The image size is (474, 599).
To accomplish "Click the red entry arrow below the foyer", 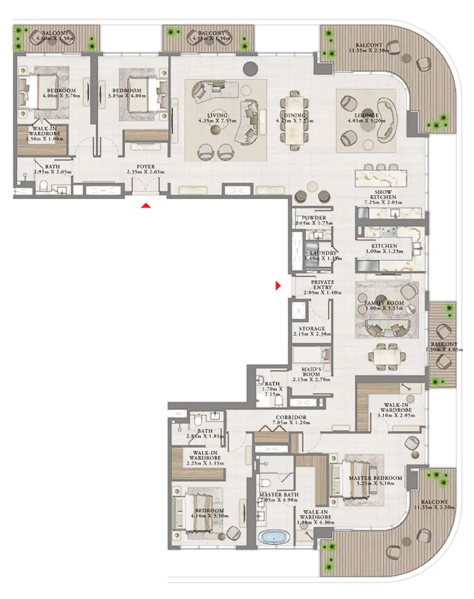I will (145, 205).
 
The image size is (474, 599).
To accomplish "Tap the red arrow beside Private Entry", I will (279, 285).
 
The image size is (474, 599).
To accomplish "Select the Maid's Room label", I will (312, 372).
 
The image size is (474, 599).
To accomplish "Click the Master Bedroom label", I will (375, 478).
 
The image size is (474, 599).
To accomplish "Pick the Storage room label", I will (312, 329).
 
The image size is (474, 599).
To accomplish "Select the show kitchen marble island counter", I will (380, 177).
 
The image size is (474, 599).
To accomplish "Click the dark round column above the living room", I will (250, 68).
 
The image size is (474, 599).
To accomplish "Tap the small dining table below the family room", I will (388, 356).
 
